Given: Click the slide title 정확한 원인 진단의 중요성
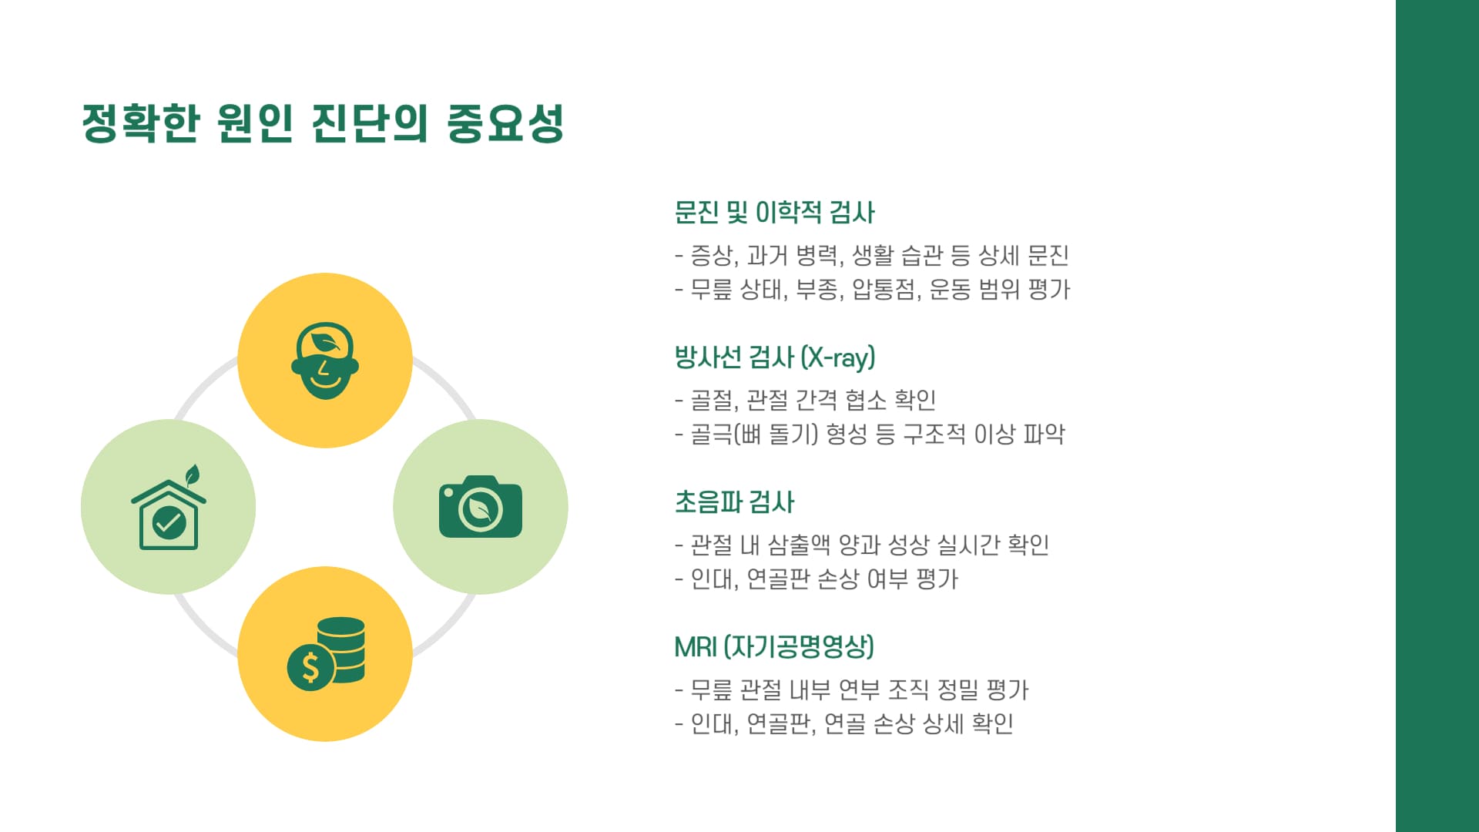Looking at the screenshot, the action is (x=324, y=123).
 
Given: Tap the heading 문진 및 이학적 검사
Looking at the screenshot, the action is (x=774, y=213).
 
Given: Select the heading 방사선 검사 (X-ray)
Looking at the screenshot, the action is (x=774, y=357).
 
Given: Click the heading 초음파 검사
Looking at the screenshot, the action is (x=734, y=502).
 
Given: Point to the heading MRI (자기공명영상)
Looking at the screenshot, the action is (x=773, y=647).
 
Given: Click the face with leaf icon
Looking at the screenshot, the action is (x=325, y=361).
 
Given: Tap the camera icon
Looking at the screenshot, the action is (x=481, y=507).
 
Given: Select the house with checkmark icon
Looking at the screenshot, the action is (x=169, y=512).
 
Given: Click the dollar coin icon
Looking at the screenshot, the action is (x=327, y=655).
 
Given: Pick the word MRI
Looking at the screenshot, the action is (x=695, y=647).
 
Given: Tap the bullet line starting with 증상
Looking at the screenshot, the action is (x=871, y=255).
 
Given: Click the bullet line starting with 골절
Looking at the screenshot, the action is (x=805, y=400).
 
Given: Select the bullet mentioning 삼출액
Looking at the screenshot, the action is (x=861, y=545).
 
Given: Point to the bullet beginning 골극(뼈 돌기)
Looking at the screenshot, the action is (x=870, y=434).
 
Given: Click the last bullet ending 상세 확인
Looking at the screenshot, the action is (x=843, y=723).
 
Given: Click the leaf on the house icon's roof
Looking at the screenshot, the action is (x=193, y=474).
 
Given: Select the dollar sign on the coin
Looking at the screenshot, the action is (x=310, y=667).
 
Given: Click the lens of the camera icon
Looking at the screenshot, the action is (x=481, y=508).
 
